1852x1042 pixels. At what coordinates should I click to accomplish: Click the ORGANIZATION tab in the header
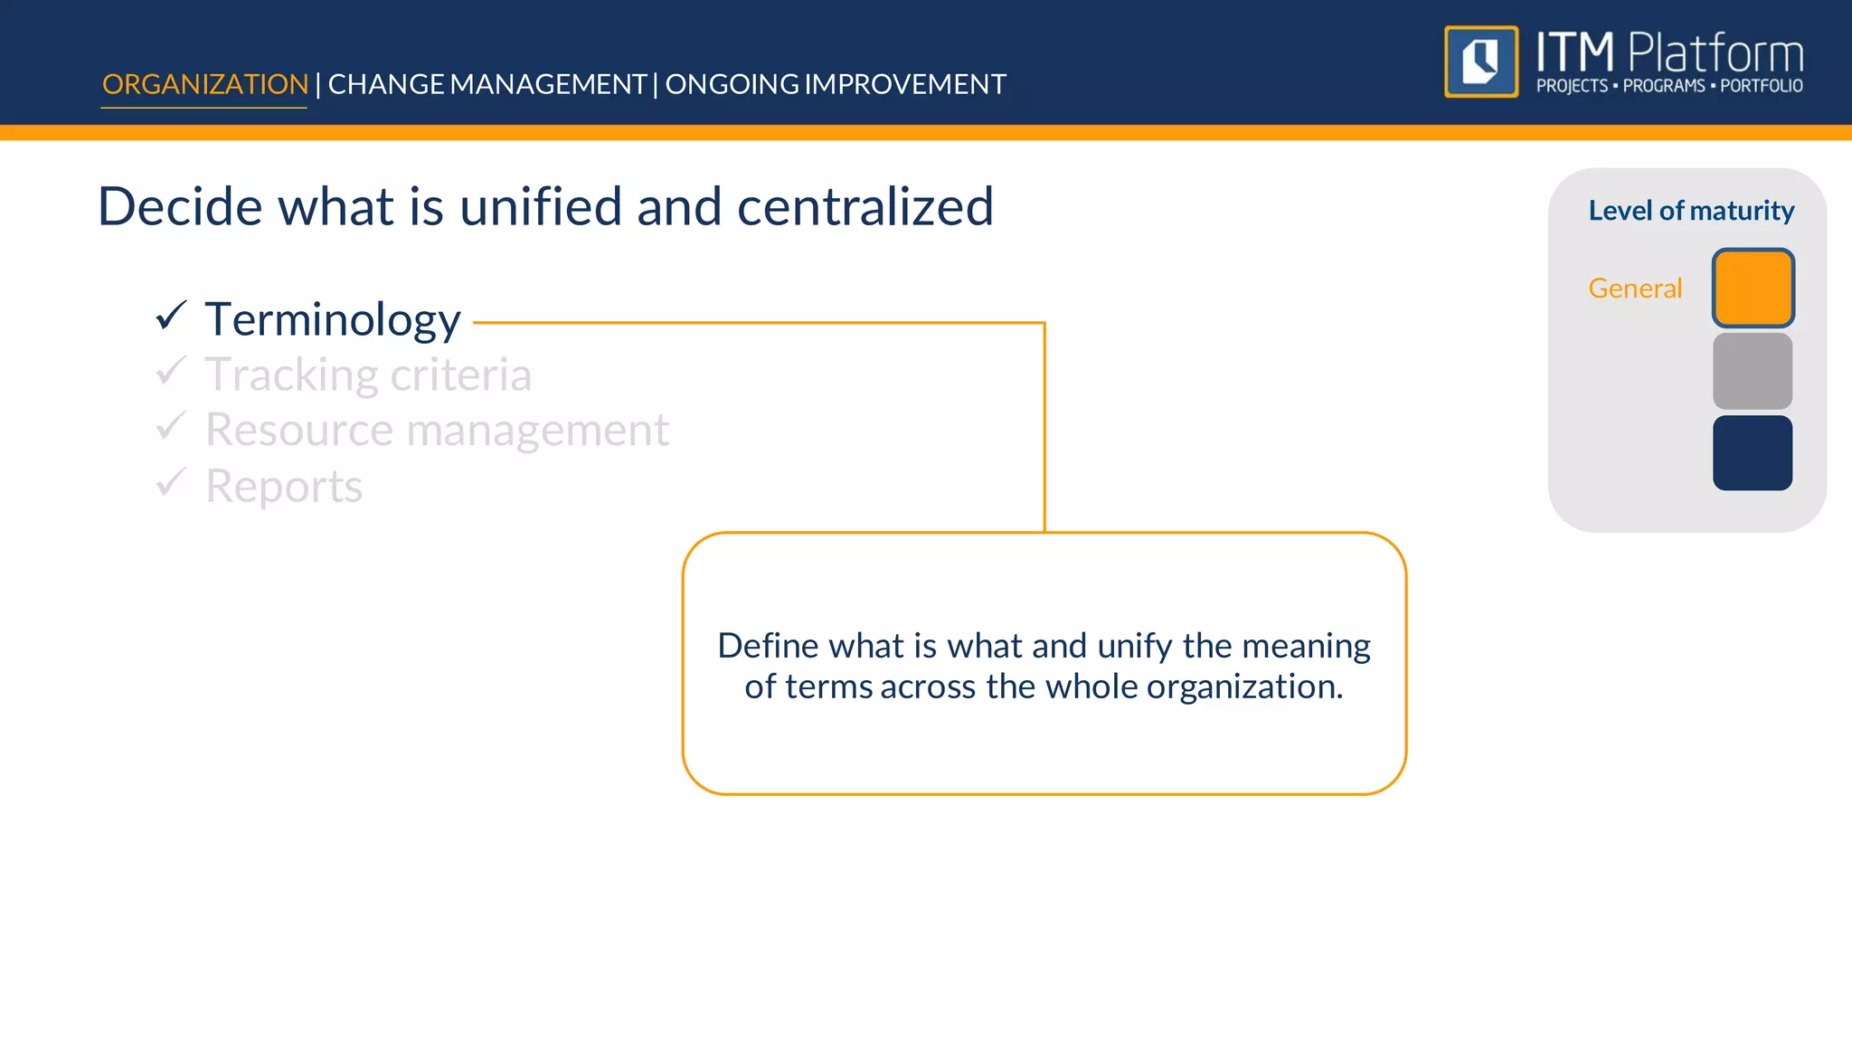[204, 84]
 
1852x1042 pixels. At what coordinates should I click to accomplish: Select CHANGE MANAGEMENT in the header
[487, 84]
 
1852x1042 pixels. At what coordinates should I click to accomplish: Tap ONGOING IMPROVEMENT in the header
[836, 84]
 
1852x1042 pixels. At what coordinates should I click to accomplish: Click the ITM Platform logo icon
[1481, 62]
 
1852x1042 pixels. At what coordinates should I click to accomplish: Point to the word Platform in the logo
[1715, 53]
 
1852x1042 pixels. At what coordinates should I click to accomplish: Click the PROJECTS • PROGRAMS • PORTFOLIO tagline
[1669, 86]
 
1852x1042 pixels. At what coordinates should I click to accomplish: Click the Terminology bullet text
[333, 319]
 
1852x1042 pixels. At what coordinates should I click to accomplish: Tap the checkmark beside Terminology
[171, 316]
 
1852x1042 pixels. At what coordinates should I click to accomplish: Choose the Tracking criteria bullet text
[368, 374]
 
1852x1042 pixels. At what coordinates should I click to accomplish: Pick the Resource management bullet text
[437, 430]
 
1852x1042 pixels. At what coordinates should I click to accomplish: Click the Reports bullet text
[283, 487]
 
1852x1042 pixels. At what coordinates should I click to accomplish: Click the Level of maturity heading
[1691, 211]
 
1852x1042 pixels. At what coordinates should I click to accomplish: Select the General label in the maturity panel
[1635, 289]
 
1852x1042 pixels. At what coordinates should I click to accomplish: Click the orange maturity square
[1753, 288]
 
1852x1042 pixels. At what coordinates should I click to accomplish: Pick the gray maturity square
[1753, 371]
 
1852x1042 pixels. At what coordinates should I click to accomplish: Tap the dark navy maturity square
[1753, 453]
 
